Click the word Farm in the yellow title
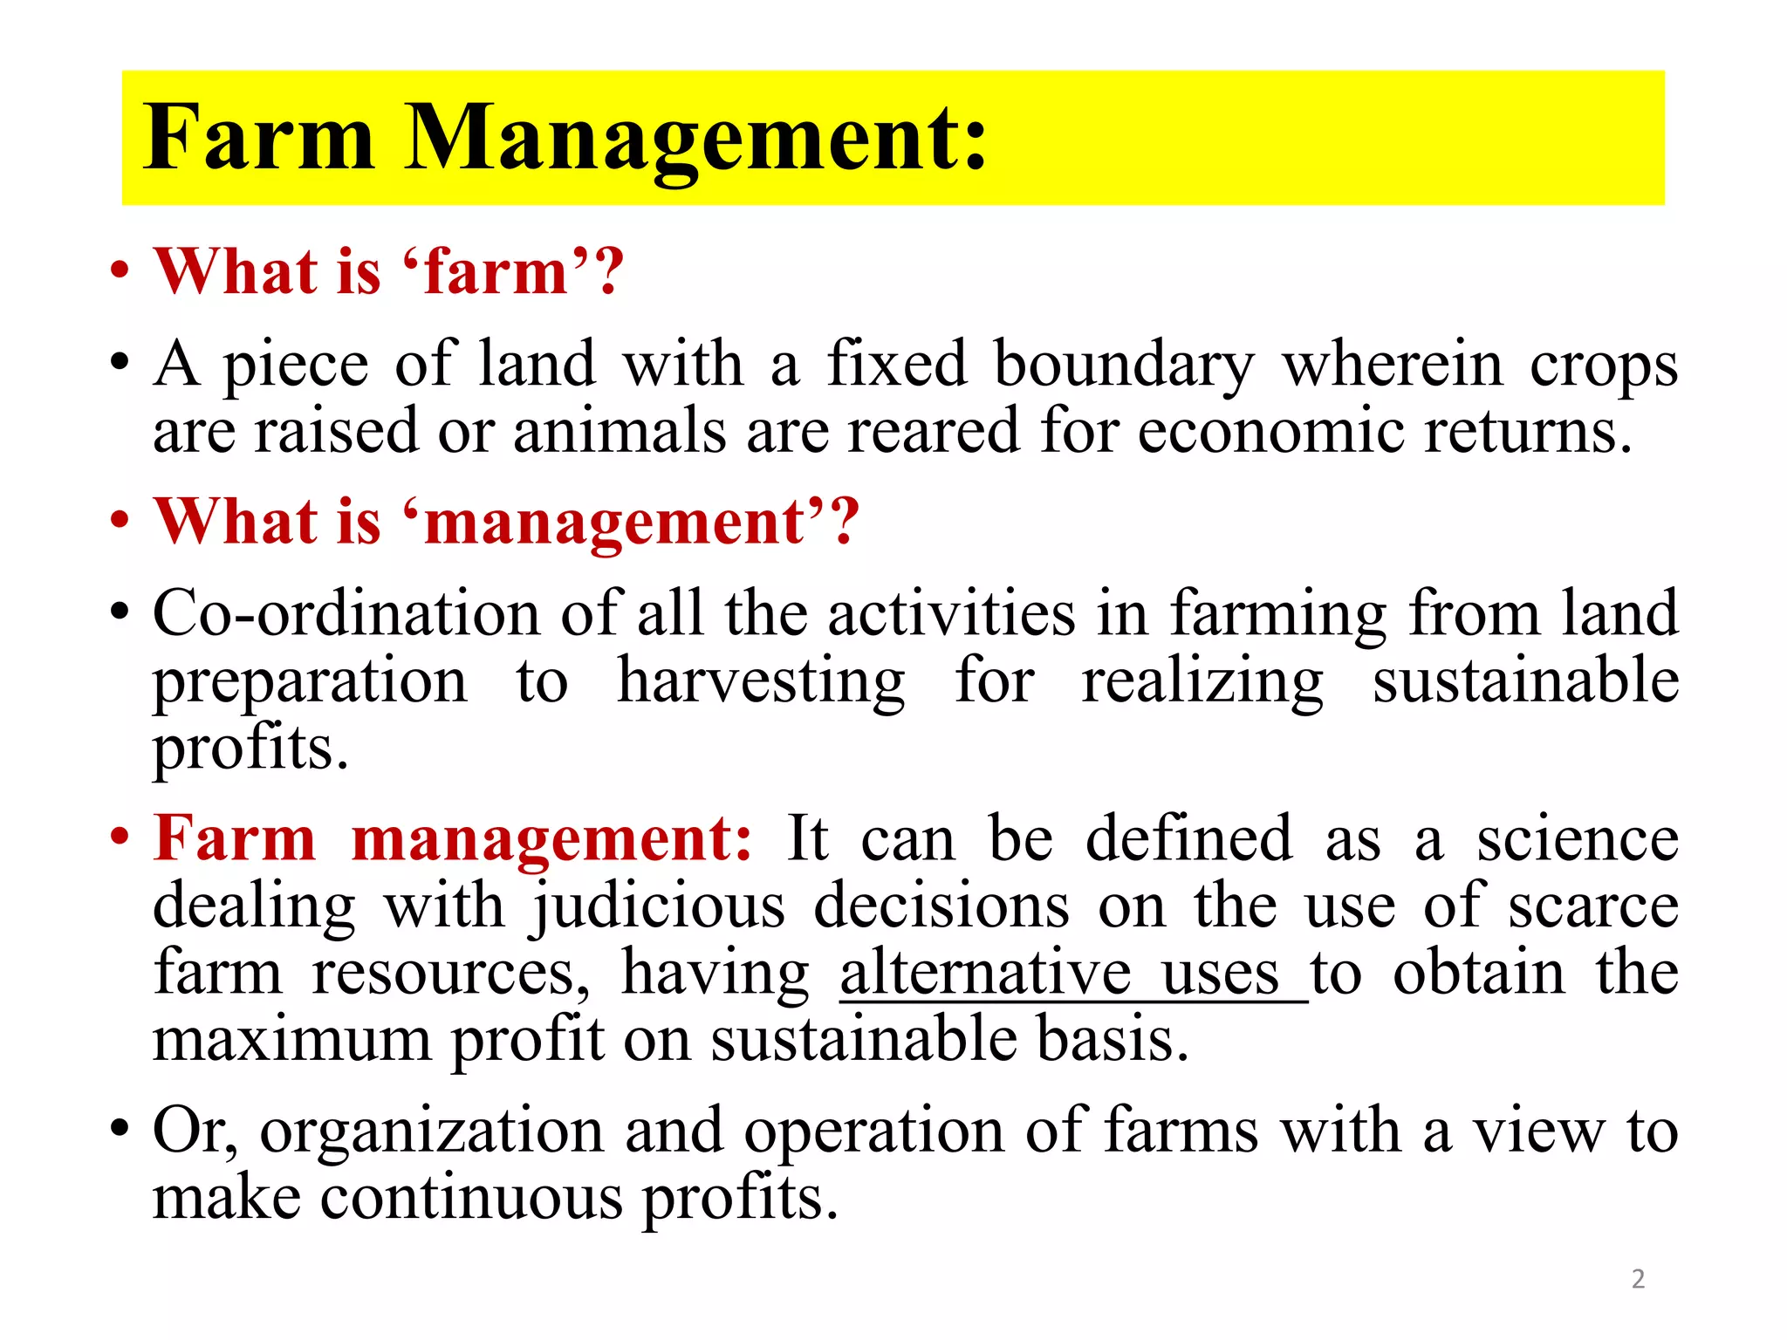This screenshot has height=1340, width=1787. point(259,138)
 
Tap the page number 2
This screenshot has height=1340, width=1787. point(1638,1279)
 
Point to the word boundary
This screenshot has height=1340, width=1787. point(1124,366)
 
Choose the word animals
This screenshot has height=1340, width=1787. point(620,431)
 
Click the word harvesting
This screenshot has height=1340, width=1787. point(761,683)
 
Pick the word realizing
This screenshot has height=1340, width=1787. point(1202,683)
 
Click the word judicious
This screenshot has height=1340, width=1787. point(659,908)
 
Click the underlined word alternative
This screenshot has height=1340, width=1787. point(986,973)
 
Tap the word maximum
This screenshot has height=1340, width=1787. point(292,1040)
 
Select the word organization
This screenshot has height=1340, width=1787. point(432,1132)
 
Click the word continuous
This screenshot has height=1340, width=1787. point(471,1198)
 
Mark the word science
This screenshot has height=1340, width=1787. point(1577,839)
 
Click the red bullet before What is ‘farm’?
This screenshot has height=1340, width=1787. point(120,270)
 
